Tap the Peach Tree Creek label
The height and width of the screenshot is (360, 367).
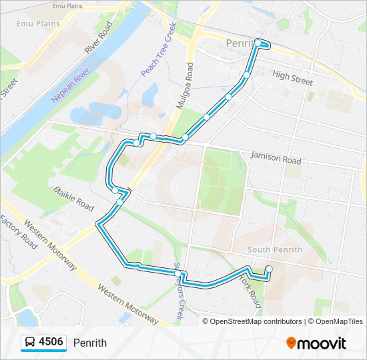pyautogui.click(x=158, y=50)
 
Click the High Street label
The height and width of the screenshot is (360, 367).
pyautogui.click(x=292, y=79)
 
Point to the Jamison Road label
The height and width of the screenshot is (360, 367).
pyautogui.click(x=276, y=158)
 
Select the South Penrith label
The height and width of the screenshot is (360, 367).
pyautogui.click(x=274, y=250)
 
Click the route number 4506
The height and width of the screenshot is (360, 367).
pyautogui.click(x=51, y=343)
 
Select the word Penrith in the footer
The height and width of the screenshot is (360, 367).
pyautogui.click(x=90, y=343)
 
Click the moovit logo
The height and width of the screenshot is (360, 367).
pyautogui.click(x=316, y=343)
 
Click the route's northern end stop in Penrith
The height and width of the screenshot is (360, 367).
pyautogui.click(x=258, y=43)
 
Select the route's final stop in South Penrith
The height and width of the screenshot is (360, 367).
pyautogui.click(x=269, y=269)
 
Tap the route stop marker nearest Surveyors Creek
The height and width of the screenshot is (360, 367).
pyautogui.click(x=177, y=273)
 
